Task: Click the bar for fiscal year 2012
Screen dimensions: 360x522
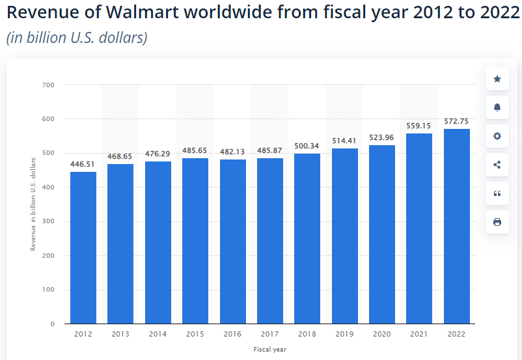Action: tap(83, 247)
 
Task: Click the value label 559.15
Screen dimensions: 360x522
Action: tap(419, 126)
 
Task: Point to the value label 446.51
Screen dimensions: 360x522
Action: tap(83, 164)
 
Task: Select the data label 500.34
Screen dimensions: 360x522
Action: tap(307, 146)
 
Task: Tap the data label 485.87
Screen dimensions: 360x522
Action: tap(270, 150)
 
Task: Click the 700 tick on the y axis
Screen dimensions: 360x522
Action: tap(49, 85)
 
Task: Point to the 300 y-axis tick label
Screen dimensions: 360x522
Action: tap(49, 221)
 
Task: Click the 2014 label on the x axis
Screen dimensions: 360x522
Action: tap(158, 333)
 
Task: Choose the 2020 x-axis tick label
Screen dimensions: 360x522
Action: tap(382, 333)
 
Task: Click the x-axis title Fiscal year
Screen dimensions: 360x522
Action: tap(269, 350)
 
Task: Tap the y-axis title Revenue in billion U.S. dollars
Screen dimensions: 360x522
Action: tap(33, 204)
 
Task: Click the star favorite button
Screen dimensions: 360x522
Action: tap(497, 79)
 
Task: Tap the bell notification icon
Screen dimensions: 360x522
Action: tap(497, 107)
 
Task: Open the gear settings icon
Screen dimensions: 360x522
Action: tap(497, 136)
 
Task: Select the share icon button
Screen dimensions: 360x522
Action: tap(497, 165)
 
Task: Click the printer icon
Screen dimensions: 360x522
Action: tap(497, 222)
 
